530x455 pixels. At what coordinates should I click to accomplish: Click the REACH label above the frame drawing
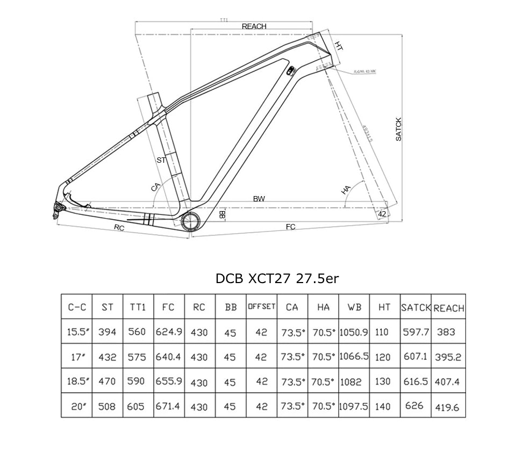(254, 26)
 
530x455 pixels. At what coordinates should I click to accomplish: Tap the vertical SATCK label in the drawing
(398, 129)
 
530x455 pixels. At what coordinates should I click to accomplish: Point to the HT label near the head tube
(339, 46)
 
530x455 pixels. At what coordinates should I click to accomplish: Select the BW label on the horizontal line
(259, 199)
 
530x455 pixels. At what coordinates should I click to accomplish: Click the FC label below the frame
(290, 227)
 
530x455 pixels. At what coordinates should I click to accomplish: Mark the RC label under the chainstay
(119, 228)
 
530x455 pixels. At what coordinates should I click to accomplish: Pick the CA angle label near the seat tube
(156, 187)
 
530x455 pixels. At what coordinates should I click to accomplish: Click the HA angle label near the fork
(346, 190)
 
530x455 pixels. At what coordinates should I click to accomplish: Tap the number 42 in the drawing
(382, 214)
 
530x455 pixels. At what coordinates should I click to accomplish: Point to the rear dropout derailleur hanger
(58, 210)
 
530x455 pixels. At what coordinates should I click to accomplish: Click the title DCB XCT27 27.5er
(277, 278)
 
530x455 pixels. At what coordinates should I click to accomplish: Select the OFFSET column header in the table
(261, 307)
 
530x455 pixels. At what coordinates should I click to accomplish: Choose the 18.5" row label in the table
(77, 381)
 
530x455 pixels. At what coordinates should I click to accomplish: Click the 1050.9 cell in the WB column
(353, 333)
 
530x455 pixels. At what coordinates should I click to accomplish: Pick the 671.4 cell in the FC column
(169, 406)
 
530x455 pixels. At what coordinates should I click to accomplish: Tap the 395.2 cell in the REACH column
(448, 357)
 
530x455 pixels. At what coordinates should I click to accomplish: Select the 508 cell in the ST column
(107, 407)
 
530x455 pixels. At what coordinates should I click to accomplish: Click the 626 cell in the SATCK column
(414, 406)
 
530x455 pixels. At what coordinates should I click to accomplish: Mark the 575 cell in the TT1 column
(137, 357)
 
